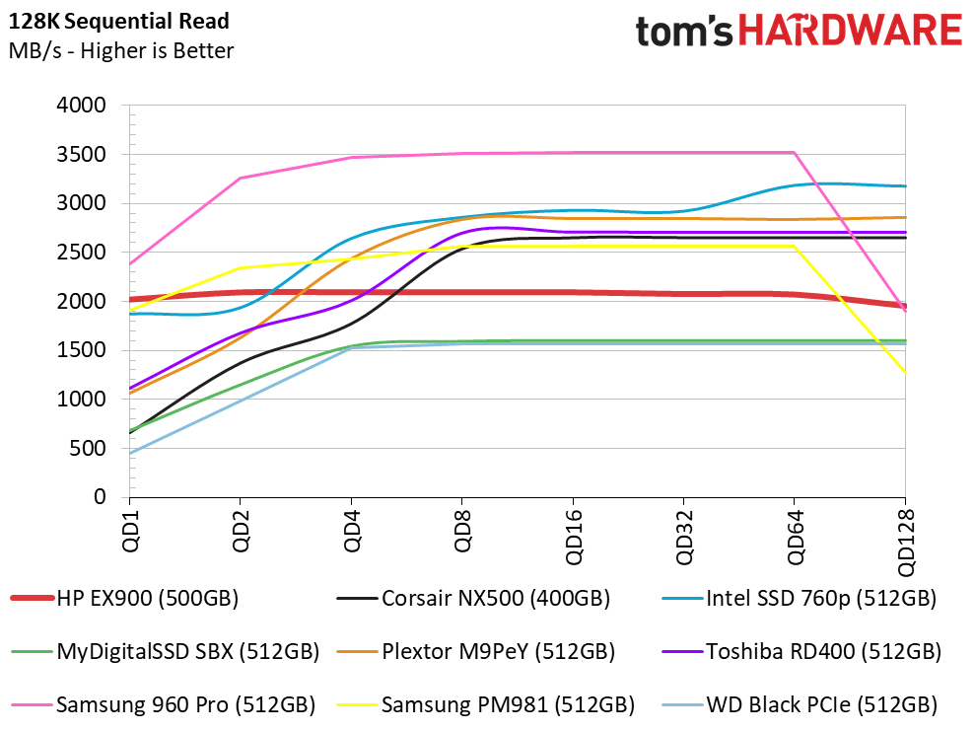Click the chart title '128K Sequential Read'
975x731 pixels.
tap(118, 21)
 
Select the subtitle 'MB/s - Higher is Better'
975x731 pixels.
tap(121, 50)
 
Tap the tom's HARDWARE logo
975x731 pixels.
tap(799, 31)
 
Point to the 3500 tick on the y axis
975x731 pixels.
tap(82, 154)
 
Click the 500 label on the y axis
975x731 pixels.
tap(88, 448)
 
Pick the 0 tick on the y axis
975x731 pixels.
tap(100, 497)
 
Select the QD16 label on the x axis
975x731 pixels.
tap(574, 537)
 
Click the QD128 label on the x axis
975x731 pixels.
tap(906, 543)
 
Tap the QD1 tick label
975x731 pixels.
tap(130, 531)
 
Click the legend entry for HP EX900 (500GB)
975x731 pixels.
tap(125, 599)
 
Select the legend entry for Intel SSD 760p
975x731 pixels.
tap(800, 599)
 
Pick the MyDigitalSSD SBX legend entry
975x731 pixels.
tap(166, 652)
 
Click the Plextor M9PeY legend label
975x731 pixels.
tap(476, 652)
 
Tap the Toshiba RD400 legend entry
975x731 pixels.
tap(802, 652)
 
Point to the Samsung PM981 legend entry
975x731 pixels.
tap(486, 705)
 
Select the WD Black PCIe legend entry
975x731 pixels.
tap(800, 705)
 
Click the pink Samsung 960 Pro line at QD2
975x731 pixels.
tap(241, 179)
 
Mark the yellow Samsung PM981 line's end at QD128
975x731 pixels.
tap(905, 373)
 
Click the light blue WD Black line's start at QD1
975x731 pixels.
tap(130, 454)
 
